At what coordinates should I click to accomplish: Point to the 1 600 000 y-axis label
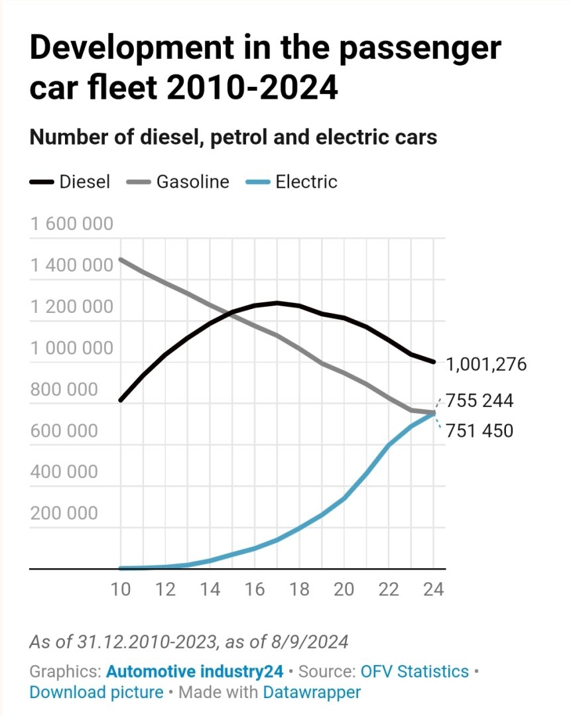coord(72,224)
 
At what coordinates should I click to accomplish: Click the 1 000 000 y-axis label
coord(72,348)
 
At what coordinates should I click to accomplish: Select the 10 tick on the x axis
coord(121,589)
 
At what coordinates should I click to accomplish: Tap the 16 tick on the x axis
coord(255,589)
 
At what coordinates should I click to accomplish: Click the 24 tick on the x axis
coord(433,589)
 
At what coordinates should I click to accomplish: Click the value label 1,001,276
coord(486,364)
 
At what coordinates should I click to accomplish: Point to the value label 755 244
coord(479,402)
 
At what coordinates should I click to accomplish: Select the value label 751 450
coord(479,431)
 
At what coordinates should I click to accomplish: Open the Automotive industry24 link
coord(195,671)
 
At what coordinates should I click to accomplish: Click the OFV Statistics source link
coord(414,671)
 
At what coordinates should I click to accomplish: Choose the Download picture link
coord(96,692)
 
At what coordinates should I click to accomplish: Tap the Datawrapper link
coord(312,692)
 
